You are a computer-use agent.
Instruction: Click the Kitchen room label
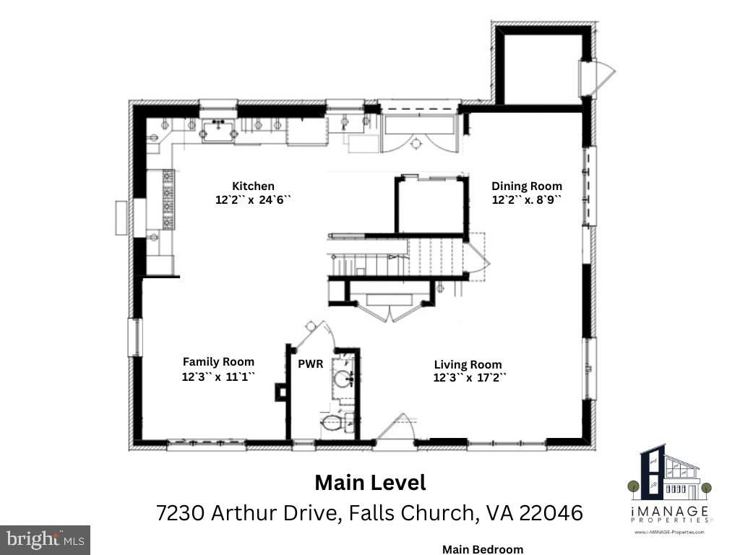253,186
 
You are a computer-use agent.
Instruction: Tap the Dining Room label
527,186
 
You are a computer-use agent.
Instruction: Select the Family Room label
218,362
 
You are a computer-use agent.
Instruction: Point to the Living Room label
468,365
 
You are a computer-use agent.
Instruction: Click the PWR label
311,364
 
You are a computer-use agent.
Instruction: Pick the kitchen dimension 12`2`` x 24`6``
253,199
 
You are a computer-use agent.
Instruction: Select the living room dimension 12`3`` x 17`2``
470,378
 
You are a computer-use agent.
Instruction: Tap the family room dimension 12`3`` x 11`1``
218,377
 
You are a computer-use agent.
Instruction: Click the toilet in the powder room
336,421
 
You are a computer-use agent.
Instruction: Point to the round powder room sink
343,379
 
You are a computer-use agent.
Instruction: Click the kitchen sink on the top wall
218,131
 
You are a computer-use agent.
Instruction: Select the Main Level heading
371,483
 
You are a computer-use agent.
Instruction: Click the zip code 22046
551,512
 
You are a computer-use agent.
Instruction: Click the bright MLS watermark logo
45,539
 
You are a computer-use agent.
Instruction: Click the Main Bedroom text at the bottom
483,549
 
